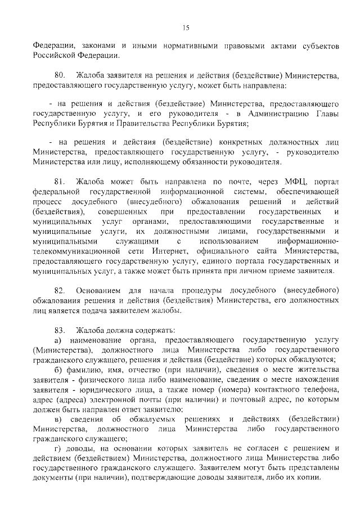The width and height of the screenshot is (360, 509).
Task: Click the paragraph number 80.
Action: [61, 75]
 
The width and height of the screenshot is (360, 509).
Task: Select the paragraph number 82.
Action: [61, 289]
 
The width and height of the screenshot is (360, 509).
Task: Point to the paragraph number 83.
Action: [61, 329]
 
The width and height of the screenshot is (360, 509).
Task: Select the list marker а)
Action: [57, 340]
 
